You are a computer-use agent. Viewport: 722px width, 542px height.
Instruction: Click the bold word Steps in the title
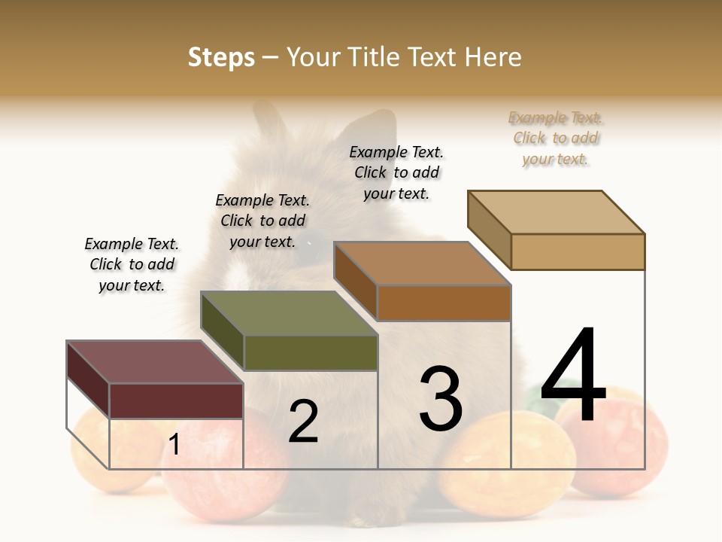221,57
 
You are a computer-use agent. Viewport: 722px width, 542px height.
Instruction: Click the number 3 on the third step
441,398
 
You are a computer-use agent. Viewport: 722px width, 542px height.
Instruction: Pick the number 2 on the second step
303,422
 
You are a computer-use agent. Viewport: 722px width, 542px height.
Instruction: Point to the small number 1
174,445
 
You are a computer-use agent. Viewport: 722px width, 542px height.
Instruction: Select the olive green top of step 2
289,313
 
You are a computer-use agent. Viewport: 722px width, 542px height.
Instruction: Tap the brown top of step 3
422,263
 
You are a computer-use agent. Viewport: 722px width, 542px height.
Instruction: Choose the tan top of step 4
557,212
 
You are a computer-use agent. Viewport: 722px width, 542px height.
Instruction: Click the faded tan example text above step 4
556,139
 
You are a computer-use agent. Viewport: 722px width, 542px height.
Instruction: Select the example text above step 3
396,173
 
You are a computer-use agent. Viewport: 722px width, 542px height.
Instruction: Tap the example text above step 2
262,221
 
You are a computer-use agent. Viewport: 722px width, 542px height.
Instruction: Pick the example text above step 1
132,265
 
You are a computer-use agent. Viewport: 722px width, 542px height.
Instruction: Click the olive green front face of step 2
311,352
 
